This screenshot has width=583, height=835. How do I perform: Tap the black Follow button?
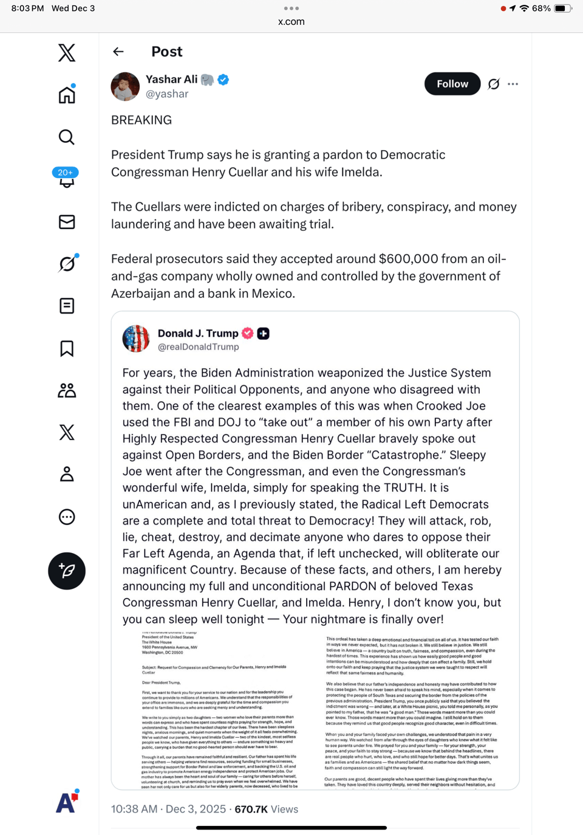(452, 84)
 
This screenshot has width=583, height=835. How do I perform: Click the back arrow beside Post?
(118, 52)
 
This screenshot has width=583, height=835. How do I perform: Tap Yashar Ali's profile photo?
(125, 86)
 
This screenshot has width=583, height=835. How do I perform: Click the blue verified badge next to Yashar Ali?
(223, 80)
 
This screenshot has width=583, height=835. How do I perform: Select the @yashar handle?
(167, 94)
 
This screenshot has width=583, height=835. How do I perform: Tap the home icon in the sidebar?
(67, 95)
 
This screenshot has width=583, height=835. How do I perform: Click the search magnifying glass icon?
(67, 137)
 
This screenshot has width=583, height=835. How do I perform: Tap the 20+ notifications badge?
(66, 173)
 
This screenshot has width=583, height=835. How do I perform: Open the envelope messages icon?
(67, 222)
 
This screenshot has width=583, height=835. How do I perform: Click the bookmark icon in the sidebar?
(67, 348)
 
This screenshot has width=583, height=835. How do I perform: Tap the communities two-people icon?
(67, 390)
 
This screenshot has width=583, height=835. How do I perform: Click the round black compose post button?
(67, 571)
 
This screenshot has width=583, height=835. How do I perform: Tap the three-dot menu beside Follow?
(513, 84)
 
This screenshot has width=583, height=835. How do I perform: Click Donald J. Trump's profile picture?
(136, 338)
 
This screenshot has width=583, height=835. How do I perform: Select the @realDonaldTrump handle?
(199, 347)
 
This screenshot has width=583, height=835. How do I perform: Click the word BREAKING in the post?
(141, 120)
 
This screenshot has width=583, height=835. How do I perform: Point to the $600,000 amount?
(408, 259)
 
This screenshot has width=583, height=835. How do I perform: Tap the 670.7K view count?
(251, 809)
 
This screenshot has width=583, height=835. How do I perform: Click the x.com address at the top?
(291, 22)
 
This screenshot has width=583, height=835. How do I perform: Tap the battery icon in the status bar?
(562, 9)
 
